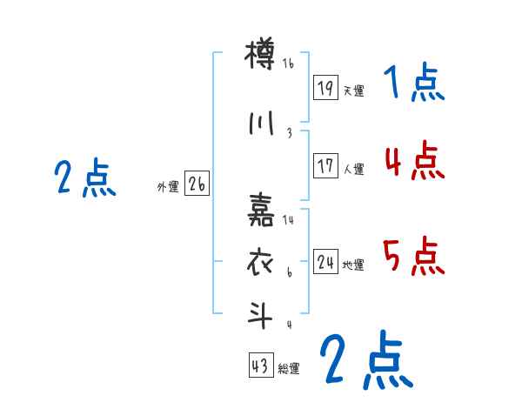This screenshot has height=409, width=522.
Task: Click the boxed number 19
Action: (326, 88)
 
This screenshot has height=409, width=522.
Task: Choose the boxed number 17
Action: (326, 166)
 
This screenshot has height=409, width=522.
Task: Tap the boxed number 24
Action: (326, 262)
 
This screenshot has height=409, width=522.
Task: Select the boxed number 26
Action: (197, 184)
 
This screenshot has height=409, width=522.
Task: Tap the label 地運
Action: (353, 265)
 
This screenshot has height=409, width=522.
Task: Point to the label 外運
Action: (168, 187)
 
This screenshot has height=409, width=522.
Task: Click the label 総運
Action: (289, 369)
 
